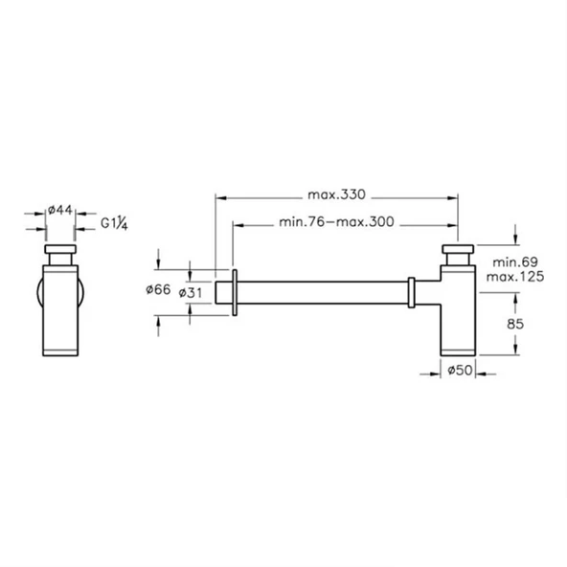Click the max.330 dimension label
point(337,195)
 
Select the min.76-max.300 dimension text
point(337,221)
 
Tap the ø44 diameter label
point(60,210)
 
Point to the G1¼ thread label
point(114,223)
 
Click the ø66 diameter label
point(158,289)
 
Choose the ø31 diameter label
point(191,293)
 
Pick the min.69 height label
point(515,261)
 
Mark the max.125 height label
point(515,277)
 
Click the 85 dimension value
point(515,324)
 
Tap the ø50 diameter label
point(460,370)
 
